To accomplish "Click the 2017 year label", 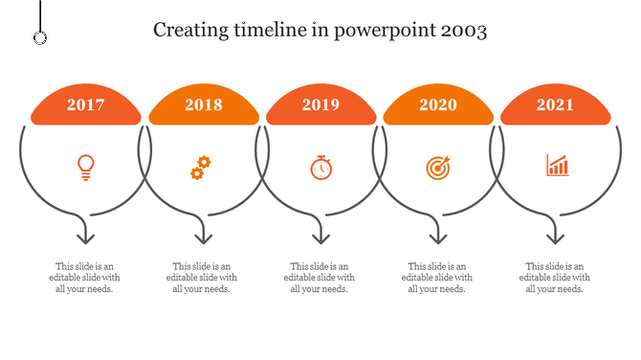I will (x=86, y=105).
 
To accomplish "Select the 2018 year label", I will (x=203, y=105).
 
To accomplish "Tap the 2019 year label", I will (x=320, y=105).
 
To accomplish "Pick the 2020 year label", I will (x=438, y=105).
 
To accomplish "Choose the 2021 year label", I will (x=556, y=105).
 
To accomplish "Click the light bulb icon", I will (x=86, y=168).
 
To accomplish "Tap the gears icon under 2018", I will (x=199, y=169).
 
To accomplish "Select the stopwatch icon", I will (x=320, y=168).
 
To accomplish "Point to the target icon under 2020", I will (x=437, y=168).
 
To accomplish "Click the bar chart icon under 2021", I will (x=557, y=166).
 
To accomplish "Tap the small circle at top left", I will (x=40, y=37).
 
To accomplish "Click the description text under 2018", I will (x=203, y=278).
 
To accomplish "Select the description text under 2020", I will (x=438, y=278).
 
